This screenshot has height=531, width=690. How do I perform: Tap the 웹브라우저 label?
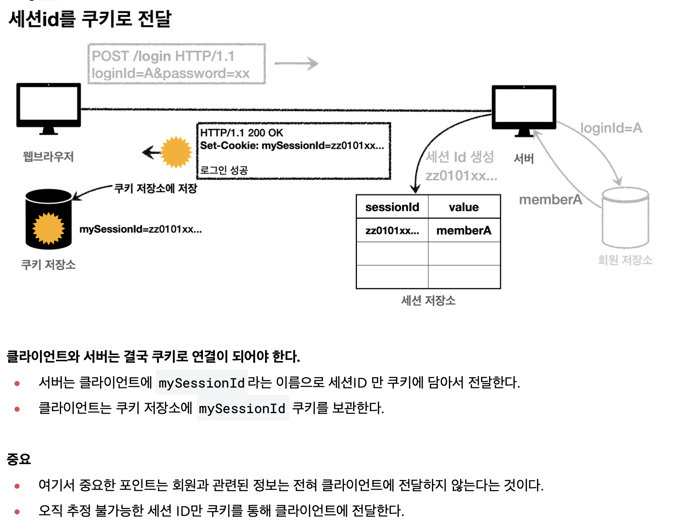(x=48, y=157)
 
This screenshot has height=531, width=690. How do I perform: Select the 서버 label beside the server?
(x=524, y=158)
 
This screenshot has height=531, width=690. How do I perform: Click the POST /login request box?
(x=177, y=64)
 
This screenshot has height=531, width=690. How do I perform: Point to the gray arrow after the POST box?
(x=296, y=63)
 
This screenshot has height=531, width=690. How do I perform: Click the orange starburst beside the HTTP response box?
(x=176, y=152)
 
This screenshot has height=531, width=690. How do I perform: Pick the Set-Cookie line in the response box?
(x=292, y=146)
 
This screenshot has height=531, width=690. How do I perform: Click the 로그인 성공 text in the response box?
(x=224, y=170)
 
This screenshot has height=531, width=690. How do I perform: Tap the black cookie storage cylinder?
(x=49, y=219)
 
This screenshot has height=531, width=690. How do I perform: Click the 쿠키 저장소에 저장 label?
(x=156, y=189)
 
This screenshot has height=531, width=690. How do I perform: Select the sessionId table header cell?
(x=392, y=207)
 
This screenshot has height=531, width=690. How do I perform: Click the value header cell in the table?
(x=464, y=207)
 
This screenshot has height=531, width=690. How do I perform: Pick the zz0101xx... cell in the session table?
(x=392, y=231)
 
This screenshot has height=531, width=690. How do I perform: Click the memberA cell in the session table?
(x=464, y=231)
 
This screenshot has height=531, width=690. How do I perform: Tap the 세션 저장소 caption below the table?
(x=428, y=301)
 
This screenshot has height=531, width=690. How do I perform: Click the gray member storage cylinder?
(x=625, y=218)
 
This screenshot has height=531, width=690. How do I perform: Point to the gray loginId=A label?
(x=611, y=128)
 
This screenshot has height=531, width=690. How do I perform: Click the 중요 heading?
(x=19, y=459)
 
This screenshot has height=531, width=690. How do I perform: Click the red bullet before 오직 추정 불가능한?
(x=17, y=512)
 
